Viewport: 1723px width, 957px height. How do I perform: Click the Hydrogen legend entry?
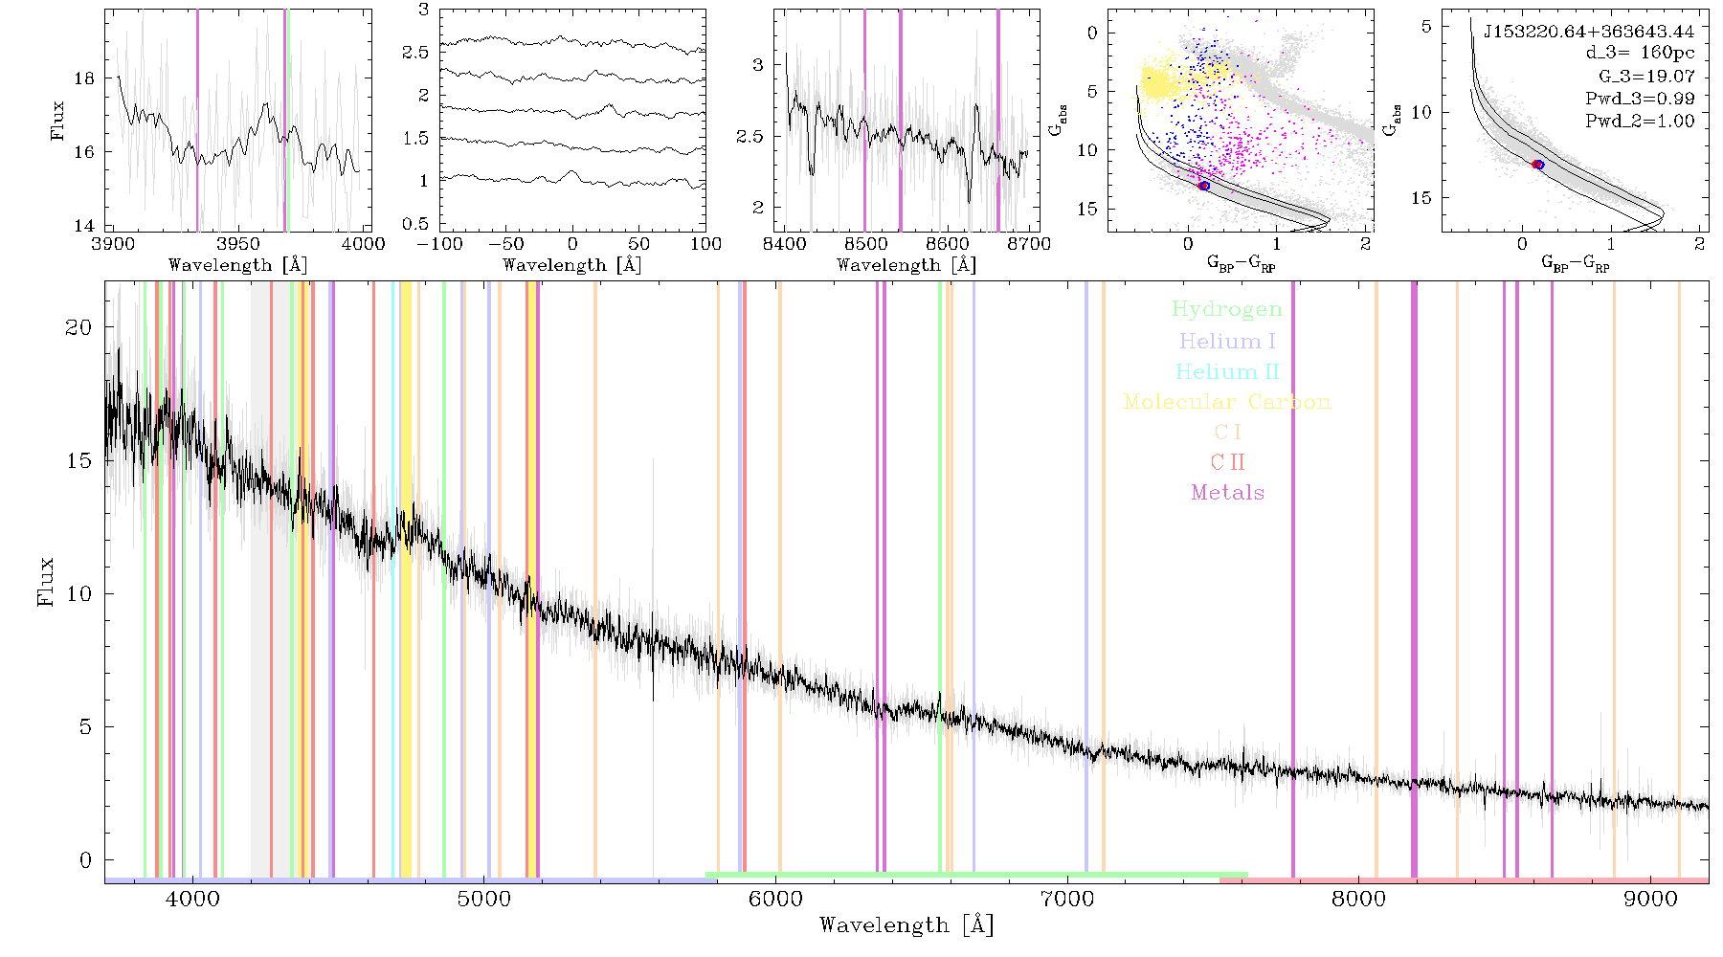click(x=1226, y=310)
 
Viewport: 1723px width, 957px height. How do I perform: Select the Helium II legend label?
click(x=1227, y=371)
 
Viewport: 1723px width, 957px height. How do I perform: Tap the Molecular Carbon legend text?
click(x=1227, y=402)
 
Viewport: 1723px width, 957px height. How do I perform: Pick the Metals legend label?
click(x=1227, y=493)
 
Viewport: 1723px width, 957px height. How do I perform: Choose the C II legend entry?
click(x=1227, y=462)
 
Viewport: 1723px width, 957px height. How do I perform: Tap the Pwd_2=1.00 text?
click(x=1640, y=121)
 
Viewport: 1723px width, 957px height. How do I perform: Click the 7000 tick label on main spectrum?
click(x=1067, y=899)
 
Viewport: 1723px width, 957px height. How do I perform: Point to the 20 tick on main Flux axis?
click(x=78, y=327)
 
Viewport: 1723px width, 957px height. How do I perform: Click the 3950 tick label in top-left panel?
click(x=238, y=244)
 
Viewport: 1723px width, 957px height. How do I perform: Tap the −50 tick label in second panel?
click(x=506, y=244)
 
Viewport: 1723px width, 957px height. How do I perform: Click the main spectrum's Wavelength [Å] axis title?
click(x=906, y=925)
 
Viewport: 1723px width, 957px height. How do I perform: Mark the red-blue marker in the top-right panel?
click(x=1537, y=165)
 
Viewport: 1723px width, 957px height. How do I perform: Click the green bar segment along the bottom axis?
click(x=976, y=875)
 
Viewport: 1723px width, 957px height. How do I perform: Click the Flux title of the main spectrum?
click(x=45, y=581)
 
